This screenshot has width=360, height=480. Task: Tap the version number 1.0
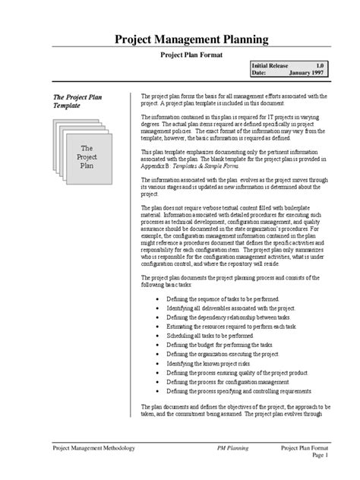320,67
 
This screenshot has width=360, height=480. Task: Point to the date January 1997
307,74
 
